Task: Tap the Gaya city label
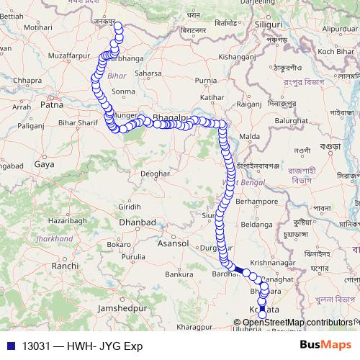pos(44,164)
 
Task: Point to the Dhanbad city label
pos(138,223)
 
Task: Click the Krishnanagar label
pos(272,264)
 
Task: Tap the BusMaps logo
pos(325,346)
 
